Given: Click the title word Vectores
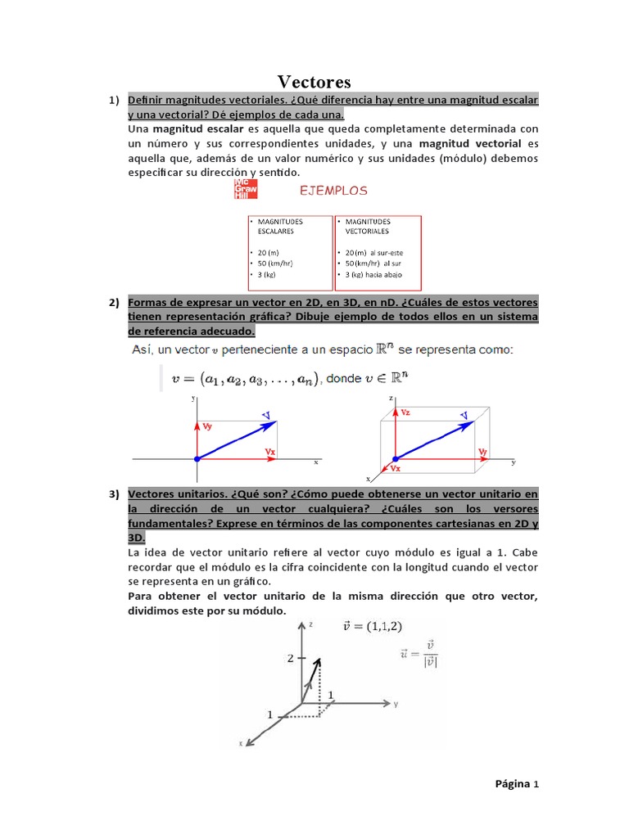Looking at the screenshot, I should [314, 82].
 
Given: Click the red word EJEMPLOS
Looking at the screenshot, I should [333, 191].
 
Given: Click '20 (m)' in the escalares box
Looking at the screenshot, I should [269, 253].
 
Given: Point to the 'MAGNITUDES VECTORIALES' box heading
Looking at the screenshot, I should [368, 226].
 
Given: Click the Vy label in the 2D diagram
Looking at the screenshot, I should [208, 426].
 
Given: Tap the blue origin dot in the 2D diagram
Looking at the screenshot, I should [197, 459].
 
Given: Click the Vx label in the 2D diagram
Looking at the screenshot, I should [269, 451].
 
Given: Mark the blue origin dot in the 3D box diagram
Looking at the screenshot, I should [396, 459].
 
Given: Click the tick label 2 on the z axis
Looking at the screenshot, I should [290, 657].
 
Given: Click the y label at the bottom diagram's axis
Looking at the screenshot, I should [396, 703].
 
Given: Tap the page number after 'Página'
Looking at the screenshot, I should [536, 783].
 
